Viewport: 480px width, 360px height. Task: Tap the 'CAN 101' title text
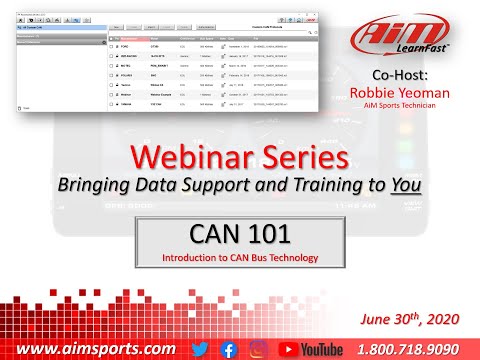coord(239,235)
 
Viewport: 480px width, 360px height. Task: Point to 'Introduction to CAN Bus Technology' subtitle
coord(240,258)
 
